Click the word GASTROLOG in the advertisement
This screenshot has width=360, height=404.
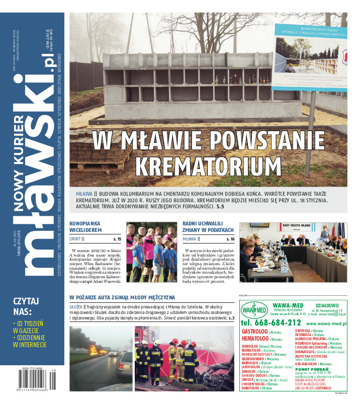[255, 332]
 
